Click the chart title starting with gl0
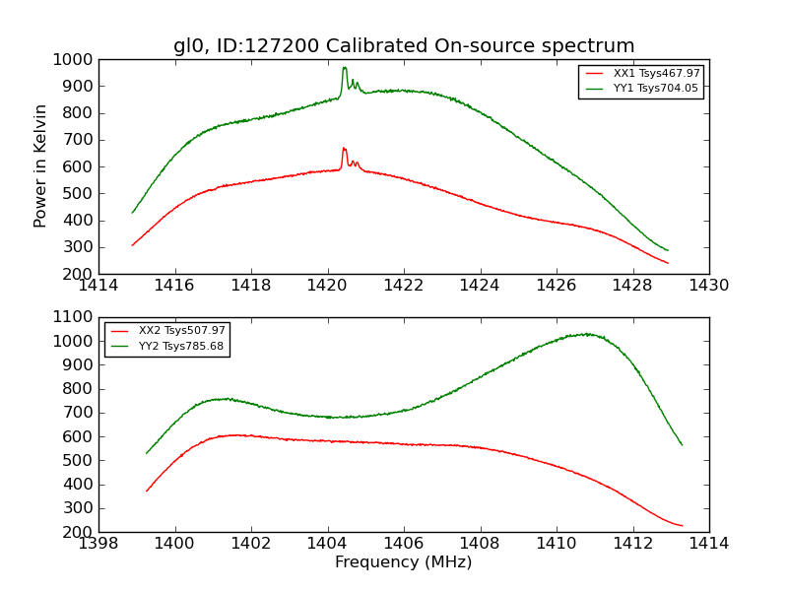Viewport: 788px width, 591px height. click(404, 46)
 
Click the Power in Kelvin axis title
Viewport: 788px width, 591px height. click(41, 165)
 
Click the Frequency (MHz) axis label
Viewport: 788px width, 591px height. click(403, 562)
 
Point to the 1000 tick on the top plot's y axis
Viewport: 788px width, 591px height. click(75, 59)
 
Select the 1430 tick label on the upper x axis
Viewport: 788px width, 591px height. click(708, 286)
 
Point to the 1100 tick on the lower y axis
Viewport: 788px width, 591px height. click(75, 317)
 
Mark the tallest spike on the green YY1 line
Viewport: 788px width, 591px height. click(345, 68)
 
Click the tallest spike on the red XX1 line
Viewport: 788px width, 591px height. click(344, 149)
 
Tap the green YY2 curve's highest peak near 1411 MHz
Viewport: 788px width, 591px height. click(587, 334)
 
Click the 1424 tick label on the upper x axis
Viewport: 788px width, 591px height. click(480, 286)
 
